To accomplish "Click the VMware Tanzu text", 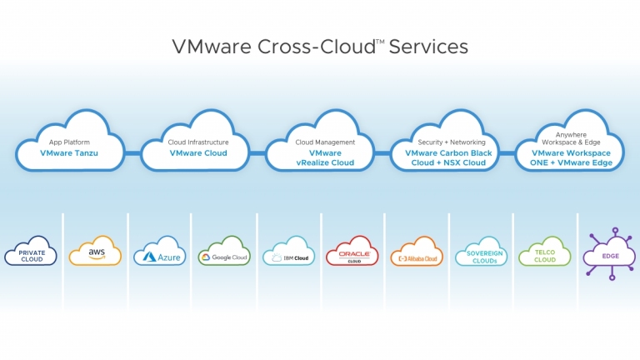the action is [69, 153].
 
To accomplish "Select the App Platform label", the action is [69, 142].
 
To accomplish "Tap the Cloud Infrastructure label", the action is [198, 142].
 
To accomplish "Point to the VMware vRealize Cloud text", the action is [325, 158].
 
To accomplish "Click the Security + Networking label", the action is [452, 142].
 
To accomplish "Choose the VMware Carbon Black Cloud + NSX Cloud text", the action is [448, 158].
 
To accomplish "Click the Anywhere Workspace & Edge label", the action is [571, 138].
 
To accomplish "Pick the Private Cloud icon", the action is [31, 252].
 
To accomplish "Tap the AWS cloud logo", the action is [95, 251].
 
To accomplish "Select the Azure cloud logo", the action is [160, 252].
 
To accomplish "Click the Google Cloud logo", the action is [224, 252].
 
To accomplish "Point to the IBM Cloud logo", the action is [288, 252].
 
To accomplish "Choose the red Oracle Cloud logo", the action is [352, 251].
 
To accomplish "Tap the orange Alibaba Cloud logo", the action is [417, 252].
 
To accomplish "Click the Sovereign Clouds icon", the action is [481, 252].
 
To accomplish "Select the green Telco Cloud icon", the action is [545, 252].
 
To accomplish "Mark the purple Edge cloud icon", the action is [610, 254].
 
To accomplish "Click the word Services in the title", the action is [428, 47].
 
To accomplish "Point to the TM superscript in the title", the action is [380, 41].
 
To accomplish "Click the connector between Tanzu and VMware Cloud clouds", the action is [132, 153].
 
